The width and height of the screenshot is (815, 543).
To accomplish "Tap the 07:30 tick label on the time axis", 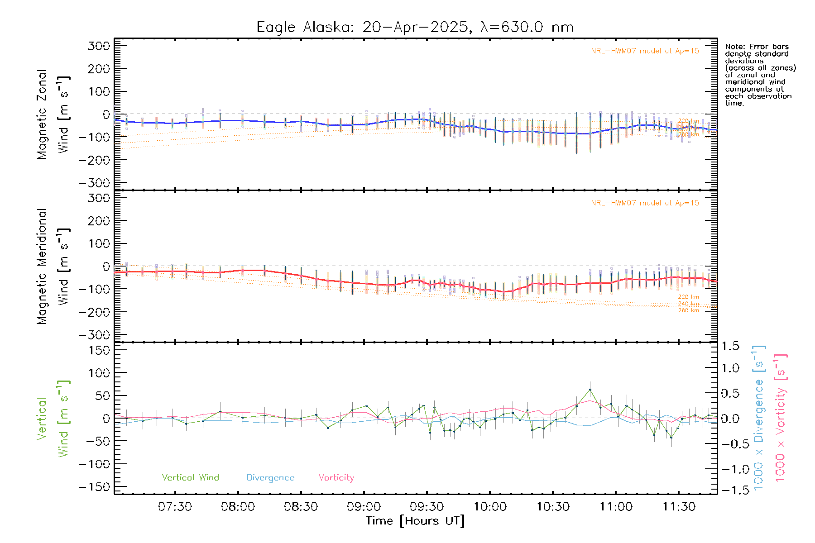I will (175, 507).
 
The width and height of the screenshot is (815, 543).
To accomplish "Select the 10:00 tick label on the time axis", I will (490, 507).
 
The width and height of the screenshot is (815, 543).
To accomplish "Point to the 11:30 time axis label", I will (679, 507).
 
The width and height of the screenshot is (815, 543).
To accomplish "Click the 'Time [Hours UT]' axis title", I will (415, 521).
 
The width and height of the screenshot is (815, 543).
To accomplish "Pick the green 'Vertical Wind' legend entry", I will (190, 478).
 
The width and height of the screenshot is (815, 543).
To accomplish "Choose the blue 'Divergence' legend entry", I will (270, 478).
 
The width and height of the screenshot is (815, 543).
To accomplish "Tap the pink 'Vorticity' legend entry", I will (336, 478).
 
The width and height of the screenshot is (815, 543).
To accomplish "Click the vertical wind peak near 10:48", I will (590, 390).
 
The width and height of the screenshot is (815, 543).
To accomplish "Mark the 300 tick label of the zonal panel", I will (99, 46).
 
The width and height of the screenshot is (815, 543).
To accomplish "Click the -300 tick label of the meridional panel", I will (94, 335).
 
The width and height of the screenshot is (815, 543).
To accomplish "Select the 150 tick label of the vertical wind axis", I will (99, 350).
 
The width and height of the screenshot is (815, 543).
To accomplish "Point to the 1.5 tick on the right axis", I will (730, 346).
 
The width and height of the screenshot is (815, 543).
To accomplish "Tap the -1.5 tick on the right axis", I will (730, 491).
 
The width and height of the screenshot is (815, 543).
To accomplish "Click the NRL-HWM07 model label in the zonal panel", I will (645, 51).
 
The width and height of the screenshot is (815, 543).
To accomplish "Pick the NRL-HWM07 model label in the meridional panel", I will (645, 203).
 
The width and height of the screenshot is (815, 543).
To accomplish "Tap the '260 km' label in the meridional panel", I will (688, 310).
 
